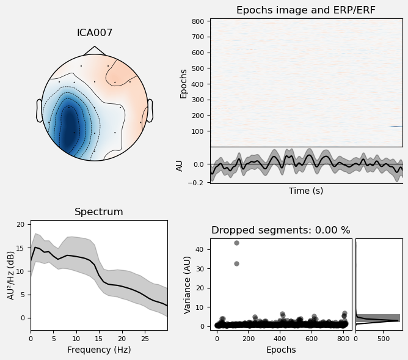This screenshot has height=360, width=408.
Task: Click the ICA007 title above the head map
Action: [x=94, y=33]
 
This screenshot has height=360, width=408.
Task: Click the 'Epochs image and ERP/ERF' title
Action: [x=306, y=10]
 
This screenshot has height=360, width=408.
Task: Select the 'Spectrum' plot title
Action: [x=98, y=212]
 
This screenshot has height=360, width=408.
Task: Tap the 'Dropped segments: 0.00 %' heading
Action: [x=280, y=230]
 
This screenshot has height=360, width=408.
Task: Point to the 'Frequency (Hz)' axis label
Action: [x=98, y=350]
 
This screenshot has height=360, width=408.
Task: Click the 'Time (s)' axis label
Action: [x=306, y=191]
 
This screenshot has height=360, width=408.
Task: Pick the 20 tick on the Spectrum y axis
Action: [x=21, y=225]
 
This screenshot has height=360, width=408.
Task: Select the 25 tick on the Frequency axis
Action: [x=145, y=337]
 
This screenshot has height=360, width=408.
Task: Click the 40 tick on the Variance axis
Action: [x=203, y=248]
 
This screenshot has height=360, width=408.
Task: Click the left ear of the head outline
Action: [x=39, y=111]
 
